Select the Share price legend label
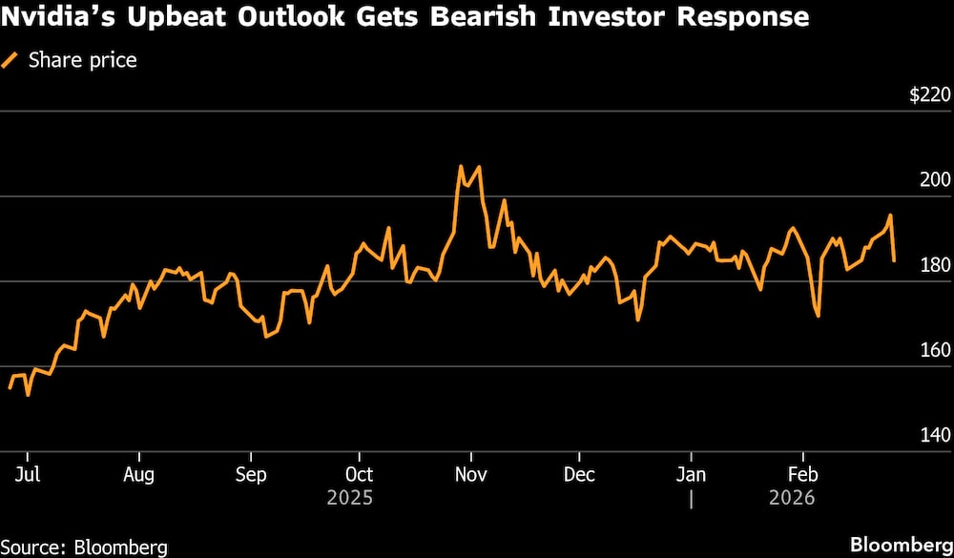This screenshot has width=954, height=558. pos(83,60)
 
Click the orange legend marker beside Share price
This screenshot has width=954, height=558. pos(11,60)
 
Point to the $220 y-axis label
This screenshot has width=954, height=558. pos(929,95)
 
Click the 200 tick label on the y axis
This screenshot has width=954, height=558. pos(935,180)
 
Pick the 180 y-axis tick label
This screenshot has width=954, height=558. pos(935,265)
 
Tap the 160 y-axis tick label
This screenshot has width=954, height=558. pos(935,350)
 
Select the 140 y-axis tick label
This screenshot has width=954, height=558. pos(935,435)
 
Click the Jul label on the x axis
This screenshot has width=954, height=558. pos(29,474)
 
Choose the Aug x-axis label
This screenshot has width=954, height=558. pos(139,474)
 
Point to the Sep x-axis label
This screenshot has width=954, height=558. pos(250,474)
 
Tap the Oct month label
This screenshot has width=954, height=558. pos(359,474)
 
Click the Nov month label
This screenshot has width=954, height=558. pos(470,474)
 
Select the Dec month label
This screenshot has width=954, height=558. pos(579,474)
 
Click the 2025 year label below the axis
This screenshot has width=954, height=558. pos(349,498)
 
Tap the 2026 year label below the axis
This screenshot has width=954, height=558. pos(792,498)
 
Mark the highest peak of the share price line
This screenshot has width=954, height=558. pos(461,166)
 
